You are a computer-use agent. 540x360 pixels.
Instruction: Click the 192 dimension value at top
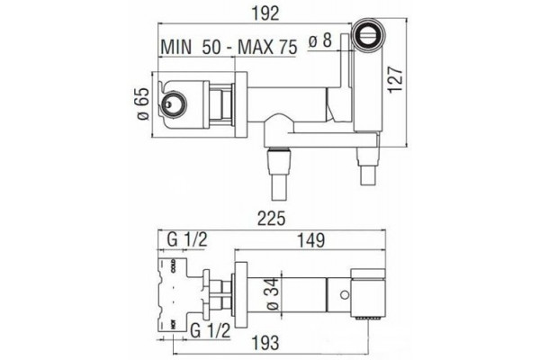click(x=265, y=13)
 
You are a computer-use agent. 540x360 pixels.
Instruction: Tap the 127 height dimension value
click(x=395, y=80)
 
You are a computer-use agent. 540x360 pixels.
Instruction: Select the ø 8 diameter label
click(x=320, y=40)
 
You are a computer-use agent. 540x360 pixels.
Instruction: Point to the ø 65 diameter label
click(x=144, y=103)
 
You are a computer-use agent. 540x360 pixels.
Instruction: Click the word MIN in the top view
click(x=176, y=47)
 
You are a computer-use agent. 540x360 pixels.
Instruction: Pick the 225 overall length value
click(x=272, y=218)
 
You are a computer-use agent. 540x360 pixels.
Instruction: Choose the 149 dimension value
click(x=310, y=240)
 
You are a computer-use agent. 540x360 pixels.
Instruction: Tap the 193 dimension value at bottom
click(x=265, y=342)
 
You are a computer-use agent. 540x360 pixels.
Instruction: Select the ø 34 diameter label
click(x=273, y=294)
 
